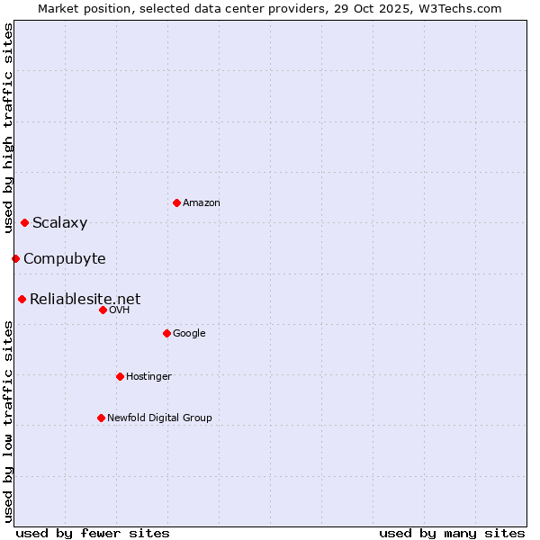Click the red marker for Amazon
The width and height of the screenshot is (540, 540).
pyautogui.click(x=176, y=202)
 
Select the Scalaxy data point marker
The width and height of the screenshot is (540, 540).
pyautogui.click(x=24, y=222)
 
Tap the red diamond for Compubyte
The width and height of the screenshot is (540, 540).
pyautogui.click(x=15, y=258)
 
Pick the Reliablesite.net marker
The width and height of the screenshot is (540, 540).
pyautogui.click(x=22, y=299)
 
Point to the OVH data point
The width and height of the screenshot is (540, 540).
pyautogui.click(x=103, y=310)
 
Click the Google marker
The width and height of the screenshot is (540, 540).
pyautogui.click(x=166, y=333)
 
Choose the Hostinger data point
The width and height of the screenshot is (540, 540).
pyautogui.click(x=120, y=376)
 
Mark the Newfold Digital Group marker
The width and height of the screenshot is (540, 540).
pyautogui.click(x=101, y=418)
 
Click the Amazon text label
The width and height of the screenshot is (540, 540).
pyautogui.click(x=202, y=203)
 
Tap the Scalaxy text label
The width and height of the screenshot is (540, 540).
pyautogui.click(x=59, y=223)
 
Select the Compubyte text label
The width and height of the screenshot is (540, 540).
pyautogui.click(x=64, y=259)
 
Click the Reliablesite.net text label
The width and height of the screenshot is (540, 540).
pyautogui.click(x=85, y=300)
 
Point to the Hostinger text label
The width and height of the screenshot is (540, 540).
pyautogui.click(x=148, y=376)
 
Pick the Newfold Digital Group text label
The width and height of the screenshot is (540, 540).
pyautogui.click(x=159, y=418)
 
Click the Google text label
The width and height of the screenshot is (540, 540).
pyautogui.click(x=189, y=334)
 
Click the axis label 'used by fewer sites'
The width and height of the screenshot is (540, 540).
pyautogui.click(x=92, y=533)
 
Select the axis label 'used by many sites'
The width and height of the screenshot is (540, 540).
pyautogui.click(x=452, y=533)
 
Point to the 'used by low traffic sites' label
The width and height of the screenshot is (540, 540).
pyautogui.click(x=8, y=421)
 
